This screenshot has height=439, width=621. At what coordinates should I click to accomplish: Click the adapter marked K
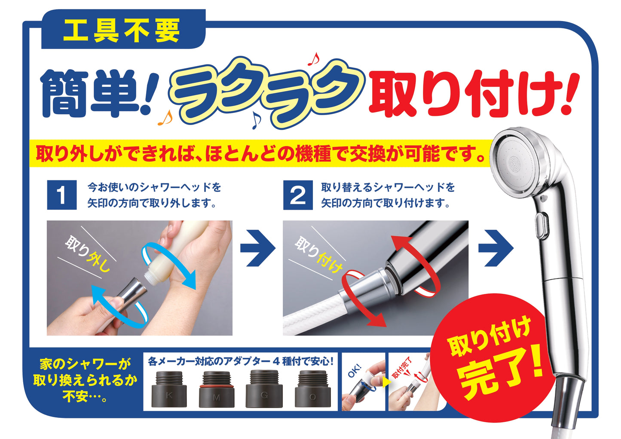(169, 389)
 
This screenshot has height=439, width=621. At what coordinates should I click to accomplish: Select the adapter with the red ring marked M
(217, 389)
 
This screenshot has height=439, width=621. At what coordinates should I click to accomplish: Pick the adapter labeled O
(313, 389)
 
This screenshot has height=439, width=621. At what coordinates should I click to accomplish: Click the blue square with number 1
(62, 195)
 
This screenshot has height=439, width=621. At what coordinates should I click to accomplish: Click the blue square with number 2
(298, 195)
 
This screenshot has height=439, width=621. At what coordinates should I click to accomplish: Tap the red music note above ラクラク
(314, 59)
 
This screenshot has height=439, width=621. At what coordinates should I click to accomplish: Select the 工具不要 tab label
(122, 30)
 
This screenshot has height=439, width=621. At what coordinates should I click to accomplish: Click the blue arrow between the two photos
(258, 248)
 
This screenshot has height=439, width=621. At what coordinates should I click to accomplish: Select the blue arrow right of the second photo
(496, 248)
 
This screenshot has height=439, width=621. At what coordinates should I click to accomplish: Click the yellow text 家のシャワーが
(85, 364)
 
